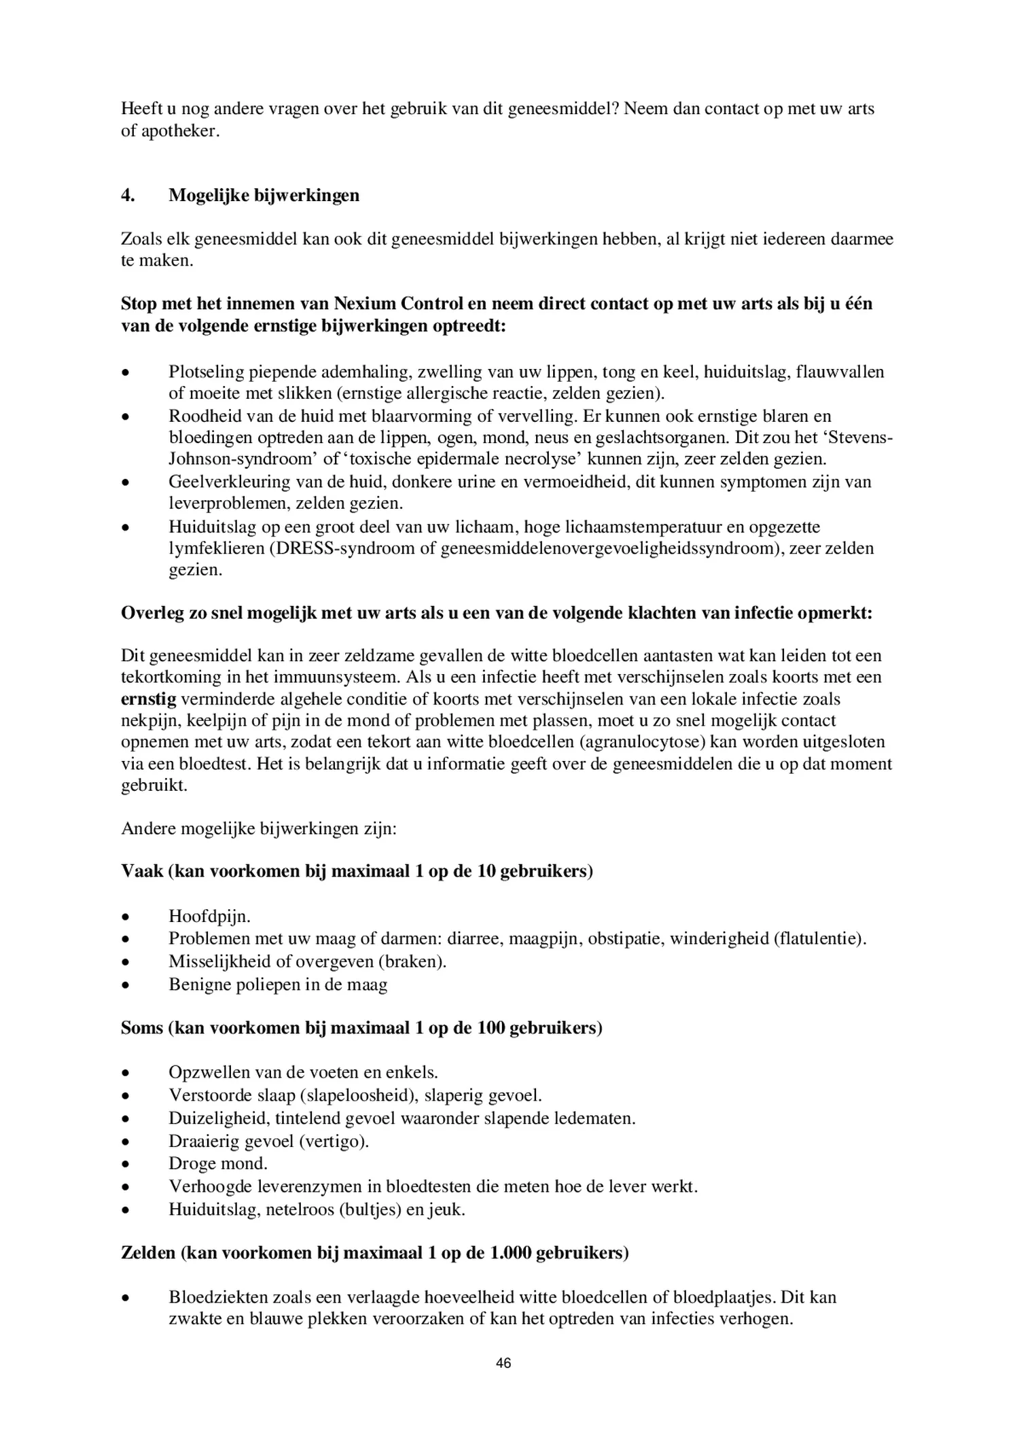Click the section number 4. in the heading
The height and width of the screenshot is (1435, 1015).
tap(128, 196)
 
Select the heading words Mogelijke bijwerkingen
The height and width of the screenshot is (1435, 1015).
tap(264, 196)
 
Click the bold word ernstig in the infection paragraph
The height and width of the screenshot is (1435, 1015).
tap(148, 699)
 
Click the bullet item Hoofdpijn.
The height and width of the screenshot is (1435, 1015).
tap(209, 917)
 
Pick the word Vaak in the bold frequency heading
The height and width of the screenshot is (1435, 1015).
tap(141, 871)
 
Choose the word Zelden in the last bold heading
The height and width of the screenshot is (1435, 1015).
tap(149, 1252)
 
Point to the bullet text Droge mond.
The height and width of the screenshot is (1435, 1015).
tap(217, 1163)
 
